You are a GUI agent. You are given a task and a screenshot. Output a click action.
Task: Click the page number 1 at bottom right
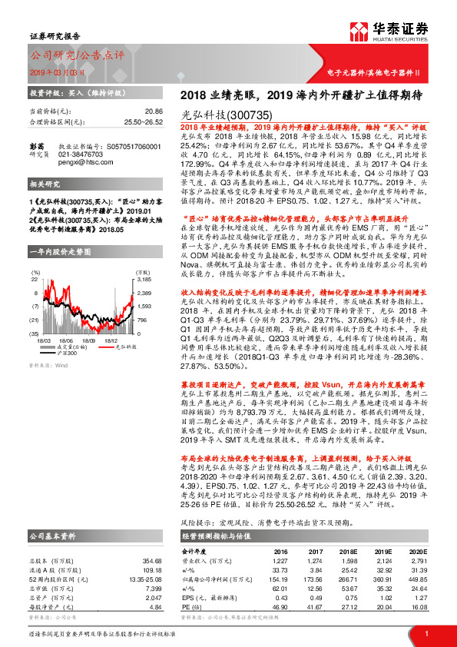pyautogui.click(x=426, y=633)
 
